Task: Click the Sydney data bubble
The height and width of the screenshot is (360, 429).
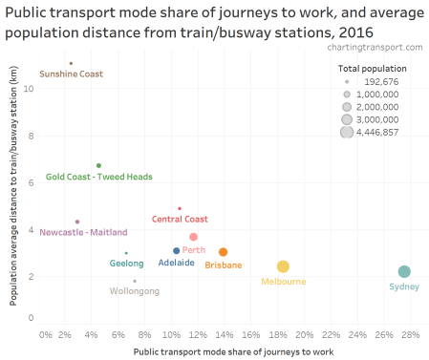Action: tap(404, 272)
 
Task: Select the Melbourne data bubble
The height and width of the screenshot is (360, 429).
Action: tap(283, 267)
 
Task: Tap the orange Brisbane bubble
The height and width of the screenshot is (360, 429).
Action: tap(223, 252)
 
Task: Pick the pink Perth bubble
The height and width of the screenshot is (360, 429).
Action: tap(193, 237)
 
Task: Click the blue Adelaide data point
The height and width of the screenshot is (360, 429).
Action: tap(176, 251)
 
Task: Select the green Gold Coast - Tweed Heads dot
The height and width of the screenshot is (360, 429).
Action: tap(98, 165)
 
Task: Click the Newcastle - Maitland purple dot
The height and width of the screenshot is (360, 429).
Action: tap(77, 222)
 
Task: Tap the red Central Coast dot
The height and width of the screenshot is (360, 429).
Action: tap(179, 208)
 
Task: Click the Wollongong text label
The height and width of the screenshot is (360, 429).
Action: tap(135, 291)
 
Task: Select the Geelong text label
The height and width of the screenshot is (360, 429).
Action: tap(126, 264)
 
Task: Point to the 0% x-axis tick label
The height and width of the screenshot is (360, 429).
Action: tap(45, 335)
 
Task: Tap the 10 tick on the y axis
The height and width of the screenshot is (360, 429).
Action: tap(30, 89)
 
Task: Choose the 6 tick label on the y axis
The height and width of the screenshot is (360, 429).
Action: tap(32, 181)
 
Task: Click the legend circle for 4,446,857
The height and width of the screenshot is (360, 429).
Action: tap(346, 133)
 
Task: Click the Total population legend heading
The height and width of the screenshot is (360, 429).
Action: tap(372, 69)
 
